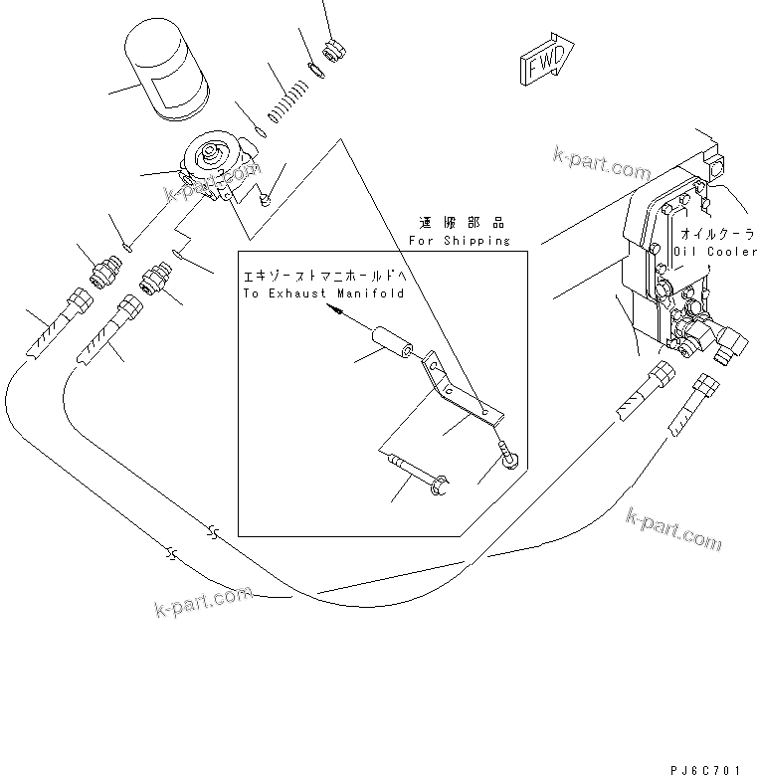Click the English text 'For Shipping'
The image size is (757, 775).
460,241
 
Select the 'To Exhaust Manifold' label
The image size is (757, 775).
323,294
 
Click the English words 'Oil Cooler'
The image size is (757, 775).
714,252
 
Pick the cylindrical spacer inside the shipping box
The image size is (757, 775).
389,346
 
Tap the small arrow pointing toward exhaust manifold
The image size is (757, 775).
338,313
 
